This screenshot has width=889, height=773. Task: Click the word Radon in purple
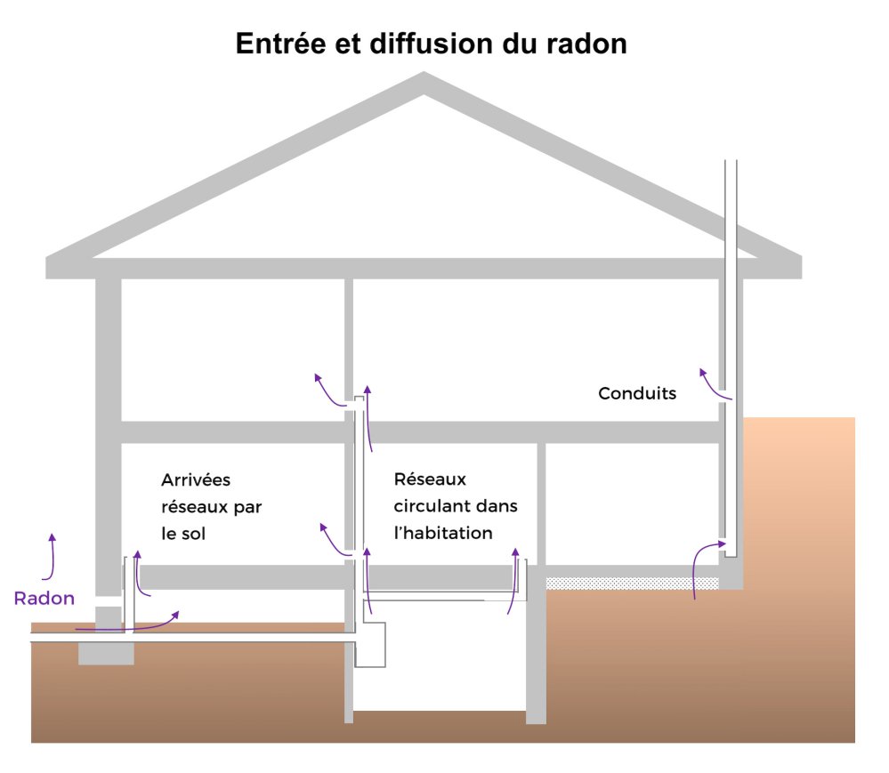tap(44, 599)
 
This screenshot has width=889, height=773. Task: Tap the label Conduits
tap(637, 393)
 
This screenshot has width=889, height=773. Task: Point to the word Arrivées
tap(196, 480)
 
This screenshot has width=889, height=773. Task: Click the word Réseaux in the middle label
tap(430, 480)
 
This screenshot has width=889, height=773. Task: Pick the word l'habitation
tap(443, 533)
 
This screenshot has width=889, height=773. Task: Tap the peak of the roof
tap(424, 82)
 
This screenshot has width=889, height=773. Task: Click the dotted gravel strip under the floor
tap(632, 583)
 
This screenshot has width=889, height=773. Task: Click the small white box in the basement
tap(372, 645)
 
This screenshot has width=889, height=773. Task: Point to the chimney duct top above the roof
tap(731, 165)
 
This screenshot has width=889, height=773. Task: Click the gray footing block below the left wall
tap(105, 653)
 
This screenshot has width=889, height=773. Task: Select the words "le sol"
tap(189, 534)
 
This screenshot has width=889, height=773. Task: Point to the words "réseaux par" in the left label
tap(212, 507)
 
